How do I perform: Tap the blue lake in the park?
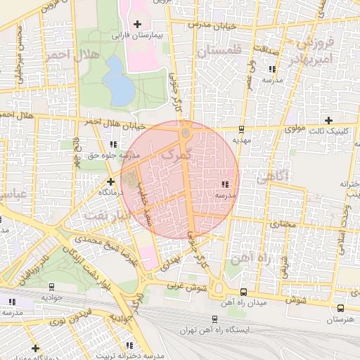pyautogui.click(x=119, y=80)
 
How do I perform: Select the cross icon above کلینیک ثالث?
pyautogui.click(x=328, y=120)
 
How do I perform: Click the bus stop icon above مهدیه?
pyautogui.click(x=242, y=129)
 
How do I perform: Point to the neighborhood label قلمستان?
pyautogui.click(x=219, y=52)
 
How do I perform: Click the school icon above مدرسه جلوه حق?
pyautogui.click(x=113, y=144)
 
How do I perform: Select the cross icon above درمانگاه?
pyautogui.click(x=110, y=181)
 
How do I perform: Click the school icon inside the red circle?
pyautogui.click(x=224, y=184)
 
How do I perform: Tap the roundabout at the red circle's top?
pyautogui.click(x=185, y=132)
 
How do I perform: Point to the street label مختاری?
pyautogui.click(x=281, y=225)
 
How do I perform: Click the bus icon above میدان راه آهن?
pyautogui.click(x=243, y=292)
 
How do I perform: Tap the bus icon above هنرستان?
pyautogui.click(x=341, y=308)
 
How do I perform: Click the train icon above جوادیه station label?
pyautogui.click(x=51, y=286)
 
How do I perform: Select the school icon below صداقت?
pyautogui.click(x=272, y=69)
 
